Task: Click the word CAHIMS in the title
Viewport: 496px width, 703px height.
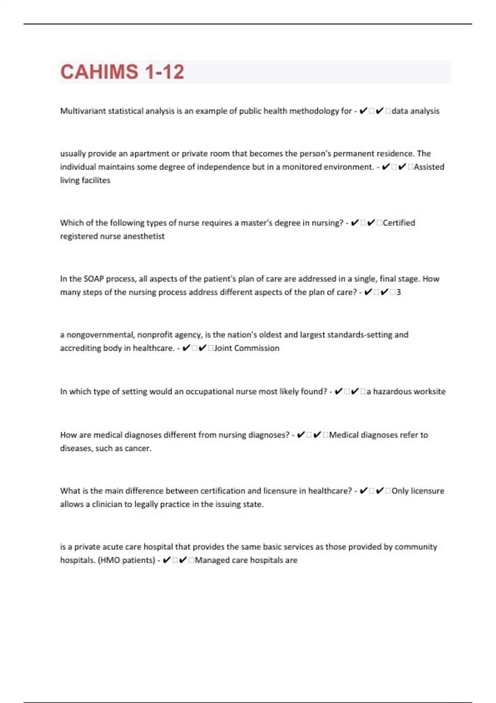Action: click(99, 72)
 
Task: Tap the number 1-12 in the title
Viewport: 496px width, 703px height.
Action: click(165, 72)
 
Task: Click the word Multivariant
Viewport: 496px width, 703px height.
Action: click(83, 111)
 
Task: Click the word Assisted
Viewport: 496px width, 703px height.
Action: click(429, 167)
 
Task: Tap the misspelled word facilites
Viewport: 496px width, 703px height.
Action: click(96, 180)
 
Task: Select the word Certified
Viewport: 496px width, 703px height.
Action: click(399, 222)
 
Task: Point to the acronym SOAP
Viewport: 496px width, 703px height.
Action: click(94, 279)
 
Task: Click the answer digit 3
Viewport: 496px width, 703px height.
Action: click(398, 292)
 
